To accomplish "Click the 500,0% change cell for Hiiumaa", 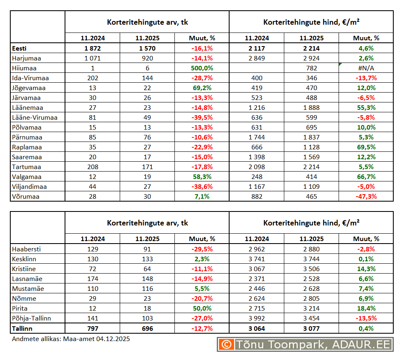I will coord(202,68).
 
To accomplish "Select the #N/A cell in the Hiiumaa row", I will coord(366,68).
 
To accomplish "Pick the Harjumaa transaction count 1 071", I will coord(92,58).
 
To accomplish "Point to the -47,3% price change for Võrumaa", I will coord(366,196).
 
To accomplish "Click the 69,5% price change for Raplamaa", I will coord(366,147).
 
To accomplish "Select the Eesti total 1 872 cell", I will coord(92,48).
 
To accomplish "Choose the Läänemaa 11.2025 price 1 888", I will coord(311,107).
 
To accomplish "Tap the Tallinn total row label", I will coord(22,328).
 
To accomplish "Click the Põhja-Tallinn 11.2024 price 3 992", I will coord(257,318).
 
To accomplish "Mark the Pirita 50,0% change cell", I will coord(202,308).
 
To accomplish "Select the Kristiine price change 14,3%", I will coord(366,269).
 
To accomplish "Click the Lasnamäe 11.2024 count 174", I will coord(92,279).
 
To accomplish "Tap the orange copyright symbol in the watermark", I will coord(226,344).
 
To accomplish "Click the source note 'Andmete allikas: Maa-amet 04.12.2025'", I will coord(71,339).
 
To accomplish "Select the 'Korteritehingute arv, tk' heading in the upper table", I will coord(147,22).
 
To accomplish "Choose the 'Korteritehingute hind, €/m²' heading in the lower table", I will coord(311,223).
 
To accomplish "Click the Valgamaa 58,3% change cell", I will coord(202,177).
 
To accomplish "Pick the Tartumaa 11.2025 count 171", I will coord(147,167).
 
